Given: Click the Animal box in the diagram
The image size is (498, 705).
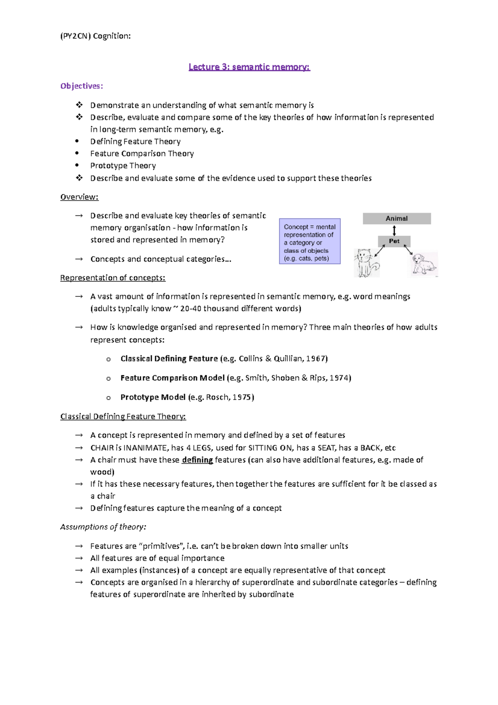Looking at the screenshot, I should [x=397, y=218].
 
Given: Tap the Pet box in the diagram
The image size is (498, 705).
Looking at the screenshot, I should [x=394, y=241].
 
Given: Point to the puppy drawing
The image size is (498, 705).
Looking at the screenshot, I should [x=423, y=264].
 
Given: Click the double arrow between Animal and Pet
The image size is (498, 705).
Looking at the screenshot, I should [x=394, y=230].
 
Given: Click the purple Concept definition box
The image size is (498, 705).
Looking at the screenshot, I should [x=310, y=242].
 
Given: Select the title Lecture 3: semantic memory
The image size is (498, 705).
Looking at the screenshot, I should [x=249, y=67].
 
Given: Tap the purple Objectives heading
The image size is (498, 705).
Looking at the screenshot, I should [x=81, y=86].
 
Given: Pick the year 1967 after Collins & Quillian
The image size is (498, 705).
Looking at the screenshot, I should [x=316, y=358].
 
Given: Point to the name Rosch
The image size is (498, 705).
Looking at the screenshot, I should [x=217, y=397].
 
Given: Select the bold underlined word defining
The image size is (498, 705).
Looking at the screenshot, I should [x=197, y=460].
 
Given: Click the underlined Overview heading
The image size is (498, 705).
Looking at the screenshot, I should [x=79, y=197].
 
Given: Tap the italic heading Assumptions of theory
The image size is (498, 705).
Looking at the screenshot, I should [x=103, y=527].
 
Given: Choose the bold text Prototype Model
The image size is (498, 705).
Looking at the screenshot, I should [x=153, y=397].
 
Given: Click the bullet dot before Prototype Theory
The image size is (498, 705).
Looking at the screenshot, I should [x=77, y=165].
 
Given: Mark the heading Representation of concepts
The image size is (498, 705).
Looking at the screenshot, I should [x=112, y=278].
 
